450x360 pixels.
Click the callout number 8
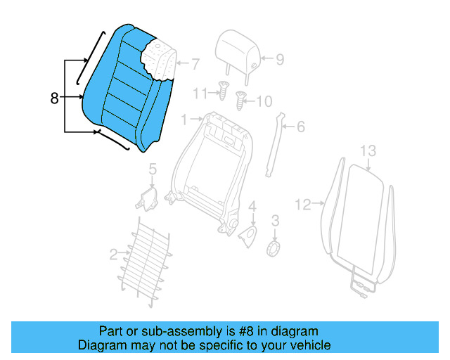coord(55,98)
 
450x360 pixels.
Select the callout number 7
coord(195,64)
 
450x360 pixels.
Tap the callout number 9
coord(279,59)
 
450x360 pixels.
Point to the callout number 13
coord(368,150)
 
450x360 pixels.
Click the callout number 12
coord(302,205)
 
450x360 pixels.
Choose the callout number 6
coord(300,127)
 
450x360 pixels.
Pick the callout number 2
coord(114,253)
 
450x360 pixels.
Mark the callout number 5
coord(151,169)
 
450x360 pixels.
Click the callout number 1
coord(185,120)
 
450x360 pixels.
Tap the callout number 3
coord(275,221)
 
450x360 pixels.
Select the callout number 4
coord(252,206)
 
